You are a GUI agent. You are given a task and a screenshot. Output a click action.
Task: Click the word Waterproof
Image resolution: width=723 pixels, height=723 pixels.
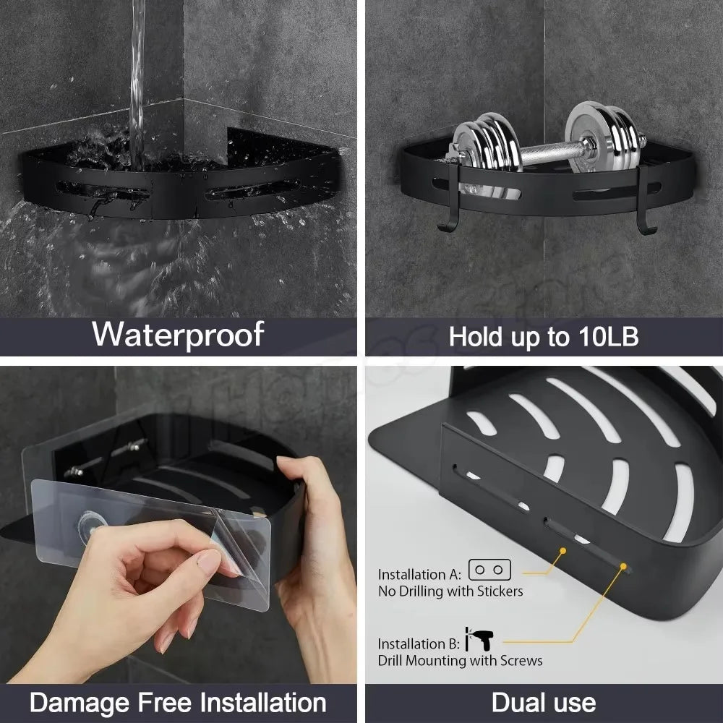pos(178,334)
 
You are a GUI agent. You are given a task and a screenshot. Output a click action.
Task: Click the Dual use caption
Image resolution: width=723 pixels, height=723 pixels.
pos(544,701)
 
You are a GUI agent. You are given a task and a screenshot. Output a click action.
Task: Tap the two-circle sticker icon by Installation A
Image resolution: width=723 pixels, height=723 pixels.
pos(490,570)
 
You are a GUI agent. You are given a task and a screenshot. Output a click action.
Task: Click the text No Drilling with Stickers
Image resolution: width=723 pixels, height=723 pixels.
pos(450,591)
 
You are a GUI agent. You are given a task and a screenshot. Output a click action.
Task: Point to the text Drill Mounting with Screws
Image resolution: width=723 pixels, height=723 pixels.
pos(460,660)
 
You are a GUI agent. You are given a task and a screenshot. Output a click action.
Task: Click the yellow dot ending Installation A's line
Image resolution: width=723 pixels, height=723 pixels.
pos(561,551)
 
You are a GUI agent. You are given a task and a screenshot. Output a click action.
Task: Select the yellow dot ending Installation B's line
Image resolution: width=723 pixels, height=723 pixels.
pos(623,568)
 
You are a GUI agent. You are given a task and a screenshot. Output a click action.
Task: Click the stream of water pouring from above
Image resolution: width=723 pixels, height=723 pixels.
pos(138,65)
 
